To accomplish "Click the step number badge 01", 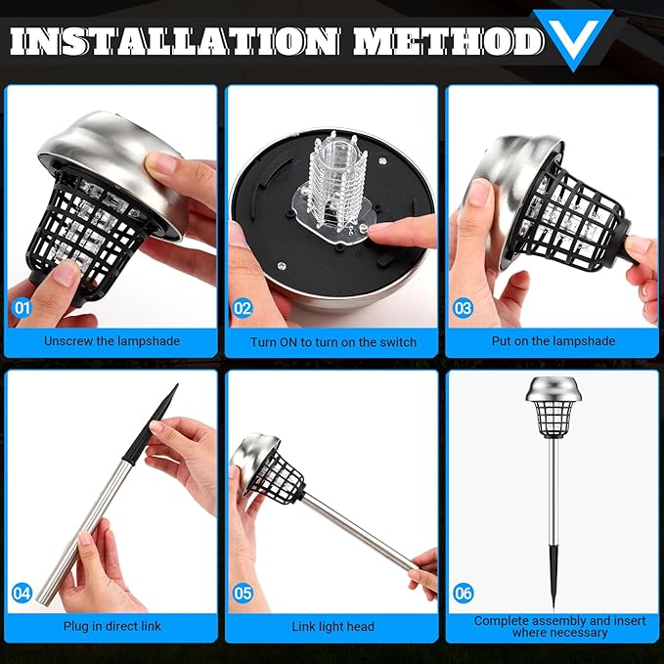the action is [22, 308].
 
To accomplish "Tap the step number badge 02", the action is [243, 308].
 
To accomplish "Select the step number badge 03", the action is [463, 308].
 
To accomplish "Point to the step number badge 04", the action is [22, 593].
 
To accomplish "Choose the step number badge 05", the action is [243, 594].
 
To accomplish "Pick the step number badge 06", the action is [463, 594].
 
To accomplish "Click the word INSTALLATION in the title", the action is [174, 41].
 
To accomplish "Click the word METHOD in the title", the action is [449, 41].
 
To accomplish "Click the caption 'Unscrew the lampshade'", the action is [111, 341].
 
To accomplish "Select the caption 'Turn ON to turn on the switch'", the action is [333, 342].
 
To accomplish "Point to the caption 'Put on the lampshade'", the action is [553, 341].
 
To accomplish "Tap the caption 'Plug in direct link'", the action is [112, 626].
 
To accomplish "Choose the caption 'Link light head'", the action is [332, 626].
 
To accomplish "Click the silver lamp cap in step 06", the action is [553, 389].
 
